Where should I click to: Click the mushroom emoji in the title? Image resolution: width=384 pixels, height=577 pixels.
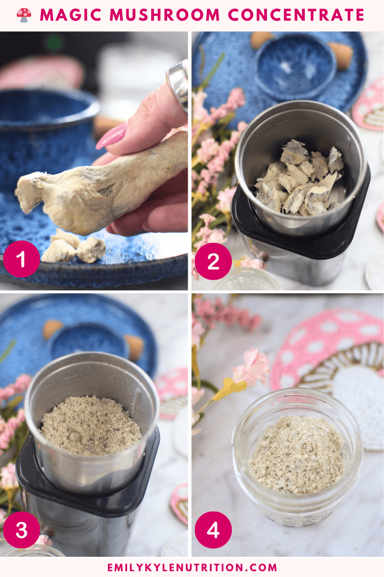click(24, 15)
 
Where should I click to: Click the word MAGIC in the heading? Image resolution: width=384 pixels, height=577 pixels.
click(71, 15)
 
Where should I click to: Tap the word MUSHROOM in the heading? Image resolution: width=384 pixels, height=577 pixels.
click(165, 15)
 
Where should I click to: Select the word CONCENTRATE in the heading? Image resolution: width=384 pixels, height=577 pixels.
click(296, 15)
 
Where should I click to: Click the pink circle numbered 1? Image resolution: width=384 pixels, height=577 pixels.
click(21, 259)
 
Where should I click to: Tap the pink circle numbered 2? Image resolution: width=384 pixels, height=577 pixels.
click(213, 261)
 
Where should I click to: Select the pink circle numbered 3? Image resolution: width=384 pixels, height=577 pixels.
click(21, 529)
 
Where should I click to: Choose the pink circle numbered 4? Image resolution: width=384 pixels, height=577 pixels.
click(213, 529)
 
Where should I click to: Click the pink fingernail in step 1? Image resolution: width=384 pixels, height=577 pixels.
click(111, 136)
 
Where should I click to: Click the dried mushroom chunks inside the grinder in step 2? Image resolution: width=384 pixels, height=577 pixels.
click(299, 178)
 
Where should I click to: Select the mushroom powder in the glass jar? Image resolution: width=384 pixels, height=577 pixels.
click(297, 455)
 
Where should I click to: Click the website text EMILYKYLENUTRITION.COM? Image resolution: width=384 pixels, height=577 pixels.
click(192, 567)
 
